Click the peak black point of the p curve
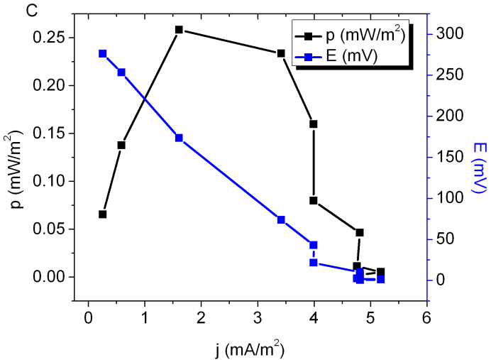[179, 30]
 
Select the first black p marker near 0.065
[103, 214]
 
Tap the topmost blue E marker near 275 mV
[103, 54]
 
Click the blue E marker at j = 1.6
[179, 138]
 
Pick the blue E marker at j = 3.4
[281, 219]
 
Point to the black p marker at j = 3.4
[281, 53]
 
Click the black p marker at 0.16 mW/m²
[313, 124]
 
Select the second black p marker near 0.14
[121, 145]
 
